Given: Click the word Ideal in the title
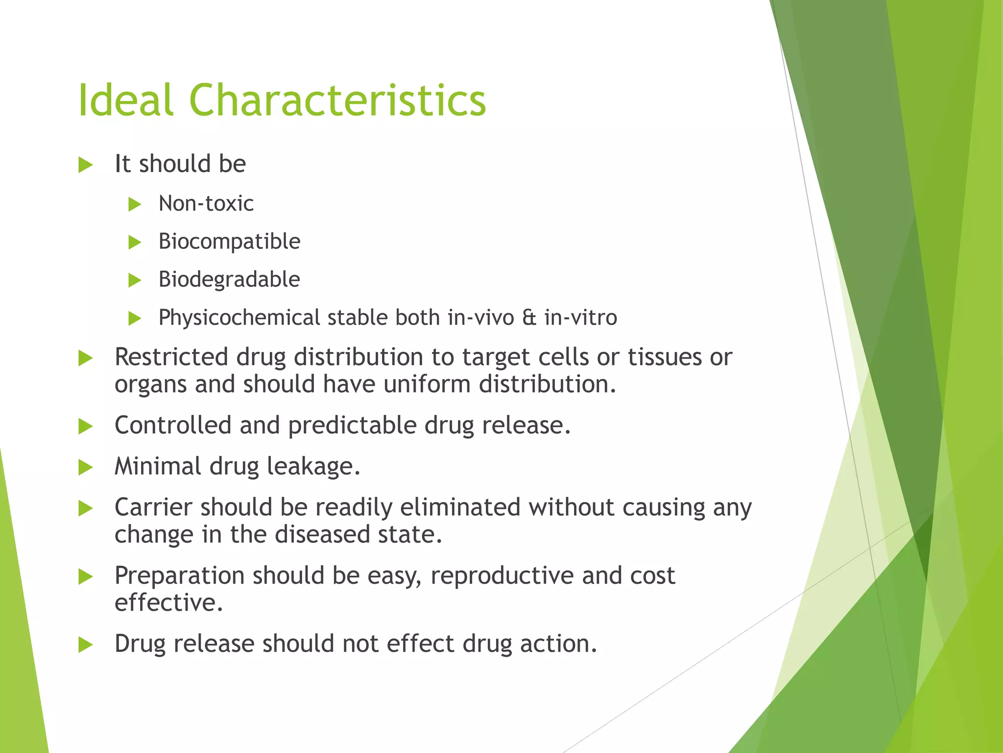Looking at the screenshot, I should point(125,100).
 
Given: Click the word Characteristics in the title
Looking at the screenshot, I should point(337,100).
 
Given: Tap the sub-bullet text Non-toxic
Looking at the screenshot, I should point(206,203).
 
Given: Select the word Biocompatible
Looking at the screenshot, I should point(229,242).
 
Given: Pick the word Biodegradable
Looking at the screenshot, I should point(229,279).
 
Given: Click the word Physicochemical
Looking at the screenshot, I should point(239,318).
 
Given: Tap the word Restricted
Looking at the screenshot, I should point(171,357).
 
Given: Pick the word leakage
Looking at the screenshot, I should point(313,466).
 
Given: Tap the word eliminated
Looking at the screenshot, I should point(459,507).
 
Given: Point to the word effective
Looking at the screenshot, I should point(168,602).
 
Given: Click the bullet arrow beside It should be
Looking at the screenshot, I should point(85,165).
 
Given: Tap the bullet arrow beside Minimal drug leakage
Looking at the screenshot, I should point(85,467).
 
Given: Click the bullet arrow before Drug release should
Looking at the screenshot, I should point(85,645).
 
